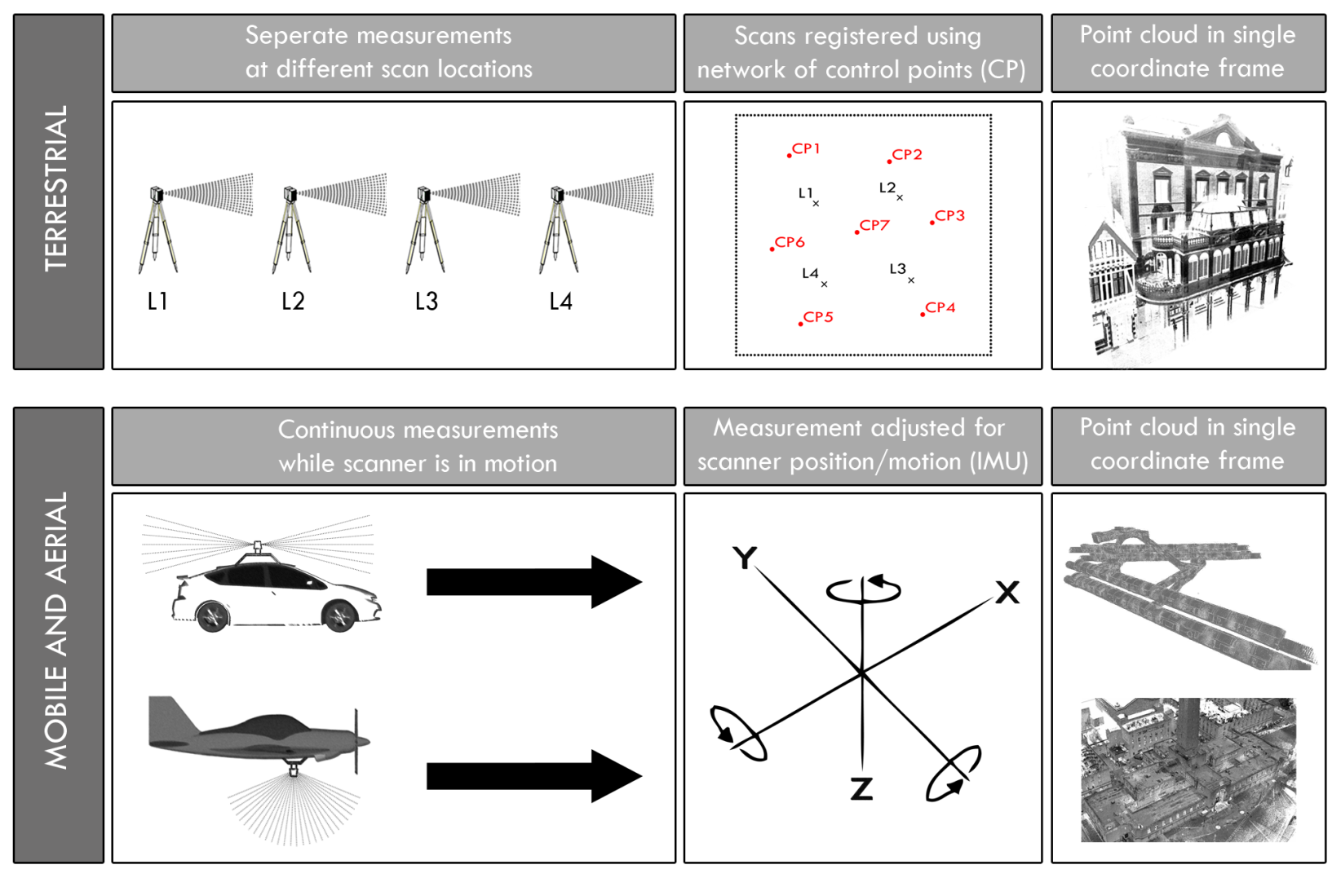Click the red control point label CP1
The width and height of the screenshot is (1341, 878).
pyautogui.click(x=806, y=148)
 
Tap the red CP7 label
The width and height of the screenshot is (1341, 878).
pyautogui.click(x=874, y=225)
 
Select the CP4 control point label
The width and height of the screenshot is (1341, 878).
pyautogui.click(x=940, y=307)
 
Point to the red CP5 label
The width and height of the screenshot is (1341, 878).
pyautogui.click(x=817, y=317)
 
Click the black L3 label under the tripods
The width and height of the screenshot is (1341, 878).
pyautogui.click(x=426, y=302)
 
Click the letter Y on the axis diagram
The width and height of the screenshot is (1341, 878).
pyautogui.click(x=744, y=558)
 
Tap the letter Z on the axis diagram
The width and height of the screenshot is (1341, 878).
pyautogui.click(x=861, y=789)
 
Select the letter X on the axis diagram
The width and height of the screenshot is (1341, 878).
pyautogui.click(x=1007, y=593)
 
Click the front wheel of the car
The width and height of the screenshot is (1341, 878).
pyautogui.click(x=340, y=615)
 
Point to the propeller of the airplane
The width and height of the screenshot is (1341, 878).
pyautogui.click(x=356, y=742)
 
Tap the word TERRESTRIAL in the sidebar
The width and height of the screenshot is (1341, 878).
pyautogui.click(x=56, y=188)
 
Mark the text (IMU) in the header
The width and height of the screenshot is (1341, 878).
pyautogui.click(x=999, y=461)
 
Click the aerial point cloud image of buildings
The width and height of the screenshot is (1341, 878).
pyautogui.click(x=1188, y=770)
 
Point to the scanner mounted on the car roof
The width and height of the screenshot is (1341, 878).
pyautogui.click(x=258, y=546)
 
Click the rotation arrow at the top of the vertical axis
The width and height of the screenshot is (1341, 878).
pyautogui.click(x=864, y=589)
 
